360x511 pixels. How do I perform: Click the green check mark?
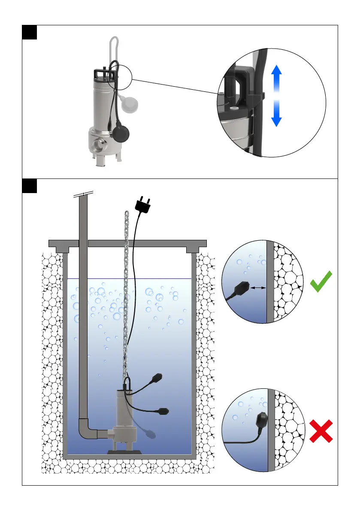pos(321,282)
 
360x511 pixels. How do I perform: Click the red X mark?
pos(321,432)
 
